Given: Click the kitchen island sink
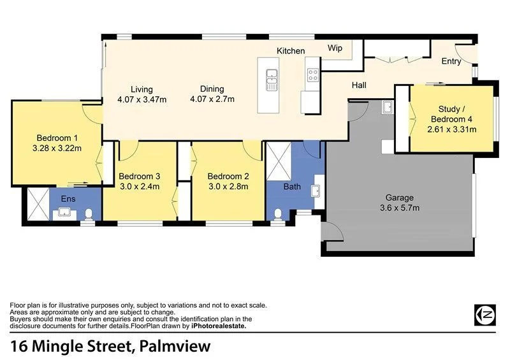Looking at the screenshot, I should (x=272, y=78).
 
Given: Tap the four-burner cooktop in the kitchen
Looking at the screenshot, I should (x=313, y=76).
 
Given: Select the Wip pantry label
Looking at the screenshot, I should (x=335, y=48).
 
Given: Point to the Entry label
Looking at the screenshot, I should (x=451, y=61).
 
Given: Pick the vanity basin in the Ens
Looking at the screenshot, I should (x=64, y=212).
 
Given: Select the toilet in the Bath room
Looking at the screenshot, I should (x=277, y=215).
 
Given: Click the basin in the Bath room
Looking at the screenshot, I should (x=315, y=191).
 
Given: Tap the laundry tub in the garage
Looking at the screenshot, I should (x=387, y=107).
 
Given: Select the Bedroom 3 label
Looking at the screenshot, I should (x=139, y=176).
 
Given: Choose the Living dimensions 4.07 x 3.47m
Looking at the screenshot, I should (x=142, y=99).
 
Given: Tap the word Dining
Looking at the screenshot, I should (x=212, y=89).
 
